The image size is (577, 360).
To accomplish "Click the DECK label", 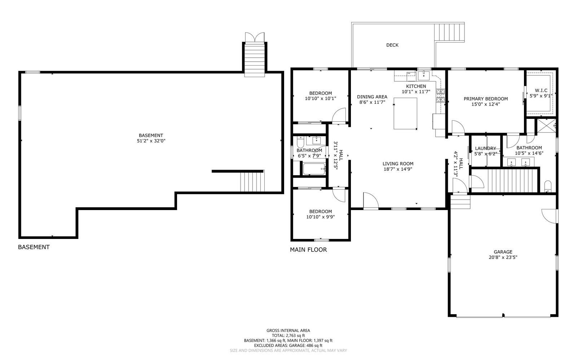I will pyautogui.click(x=392, y=45).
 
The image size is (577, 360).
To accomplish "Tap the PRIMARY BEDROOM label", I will pyautogui.click(x=485, y=99).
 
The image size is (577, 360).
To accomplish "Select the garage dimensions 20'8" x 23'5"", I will pyautogui.click(x=503, y=257).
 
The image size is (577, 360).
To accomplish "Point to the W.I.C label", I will pyautogui.click(x=541, y=90).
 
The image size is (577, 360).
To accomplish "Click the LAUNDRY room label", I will pyautogui.click(x=485, y=148).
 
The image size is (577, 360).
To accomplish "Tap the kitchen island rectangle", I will pyautogui.click(x=405, y=113).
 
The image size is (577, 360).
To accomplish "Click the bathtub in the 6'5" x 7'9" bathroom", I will pyautogui.click(x=314, y=169).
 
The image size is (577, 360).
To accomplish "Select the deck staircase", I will pyautogui.click(x=450, y=32).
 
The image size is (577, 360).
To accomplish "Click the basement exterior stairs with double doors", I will pyautogui.click(x=255, y=58).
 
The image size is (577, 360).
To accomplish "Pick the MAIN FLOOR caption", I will pyautogui.click(x=308, y=249).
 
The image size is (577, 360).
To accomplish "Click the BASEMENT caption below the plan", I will pyautogui.click(x=34, y=247).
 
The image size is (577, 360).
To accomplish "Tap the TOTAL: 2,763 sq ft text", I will pyautogui.click(x=288, y=335).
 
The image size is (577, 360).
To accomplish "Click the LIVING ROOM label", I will pyautogui.click(x=398, y=164).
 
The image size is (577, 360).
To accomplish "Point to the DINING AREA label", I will pyautogui.click(x=372, y=97).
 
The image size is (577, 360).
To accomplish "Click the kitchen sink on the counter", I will pyautogui.click(x=423, y=75).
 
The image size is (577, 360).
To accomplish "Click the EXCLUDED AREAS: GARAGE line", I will pyautogui.click(x=288, y=345).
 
